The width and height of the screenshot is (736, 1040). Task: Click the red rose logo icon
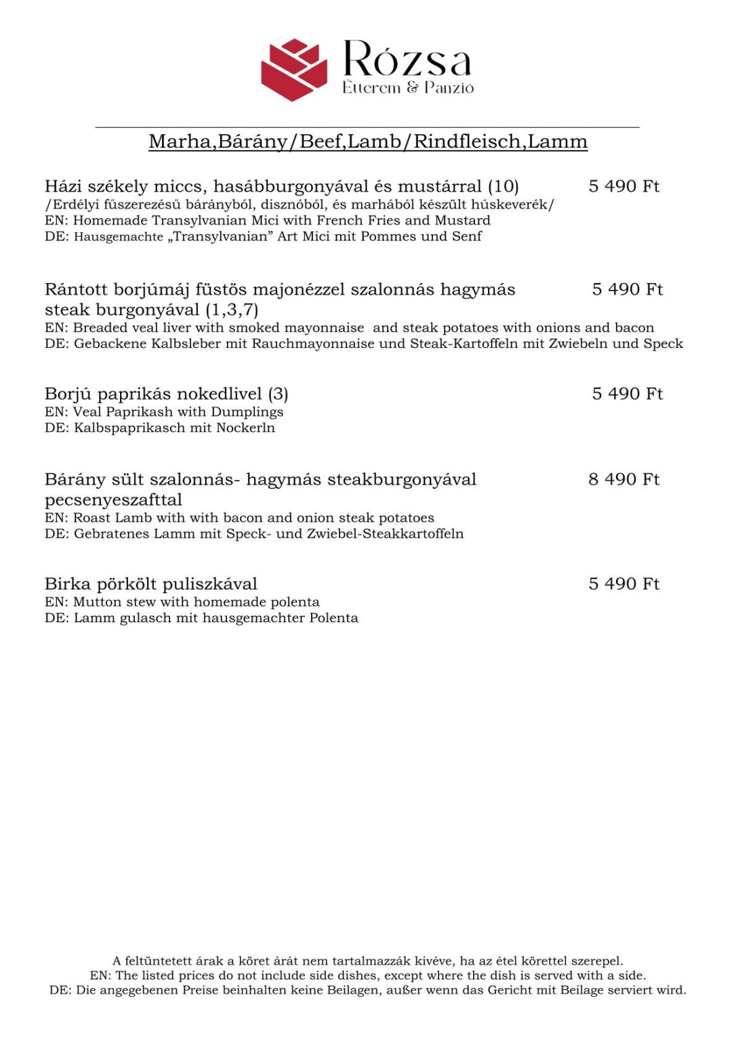point(293,70)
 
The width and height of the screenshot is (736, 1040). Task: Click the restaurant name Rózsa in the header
point(407,60)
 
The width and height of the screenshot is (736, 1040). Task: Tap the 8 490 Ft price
point(623,479)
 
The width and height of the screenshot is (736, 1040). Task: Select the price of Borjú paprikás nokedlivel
point(627,394)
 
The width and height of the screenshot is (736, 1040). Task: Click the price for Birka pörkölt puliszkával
point(623,584)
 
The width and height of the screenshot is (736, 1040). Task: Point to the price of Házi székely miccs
point(623,186)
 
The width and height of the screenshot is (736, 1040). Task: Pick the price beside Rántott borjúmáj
point(627,290)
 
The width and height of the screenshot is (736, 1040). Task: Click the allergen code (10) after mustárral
point(503,186)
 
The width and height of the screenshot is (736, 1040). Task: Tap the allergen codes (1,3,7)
point(231,310)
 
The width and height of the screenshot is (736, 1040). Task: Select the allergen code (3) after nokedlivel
point(278,394)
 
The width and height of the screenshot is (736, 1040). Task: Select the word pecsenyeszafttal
point(113,500)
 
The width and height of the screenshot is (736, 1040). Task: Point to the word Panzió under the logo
point(449,88)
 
